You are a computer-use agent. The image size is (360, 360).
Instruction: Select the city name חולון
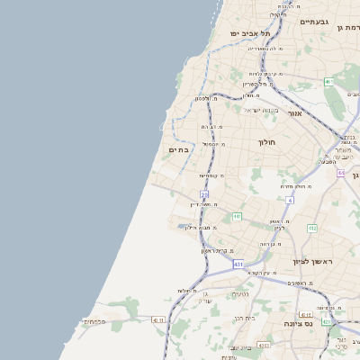pos(265,142)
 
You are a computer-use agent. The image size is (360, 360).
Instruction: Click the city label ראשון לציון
pos(312,262)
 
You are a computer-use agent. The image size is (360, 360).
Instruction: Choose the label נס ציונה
pos(297,323)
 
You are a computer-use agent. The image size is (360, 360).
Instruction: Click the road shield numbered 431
pos(238,265)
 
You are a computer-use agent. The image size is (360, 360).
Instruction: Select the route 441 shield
pos(237,217)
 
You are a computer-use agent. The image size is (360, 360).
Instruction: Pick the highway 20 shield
pos(204,194)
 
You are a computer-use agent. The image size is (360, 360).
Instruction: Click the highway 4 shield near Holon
pos(289,200)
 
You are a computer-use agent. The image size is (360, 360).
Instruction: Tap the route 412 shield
pos(312,229)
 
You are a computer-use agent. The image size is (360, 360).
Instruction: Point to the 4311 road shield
pos(158,319)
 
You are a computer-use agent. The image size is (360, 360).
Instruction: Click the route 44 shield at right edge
pos(341,173)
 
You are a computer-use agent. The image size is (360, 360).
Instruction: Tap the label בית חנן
pos(244,317)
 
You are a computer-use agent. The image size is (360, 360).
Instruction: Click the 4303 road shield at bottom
pos(263,345)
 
